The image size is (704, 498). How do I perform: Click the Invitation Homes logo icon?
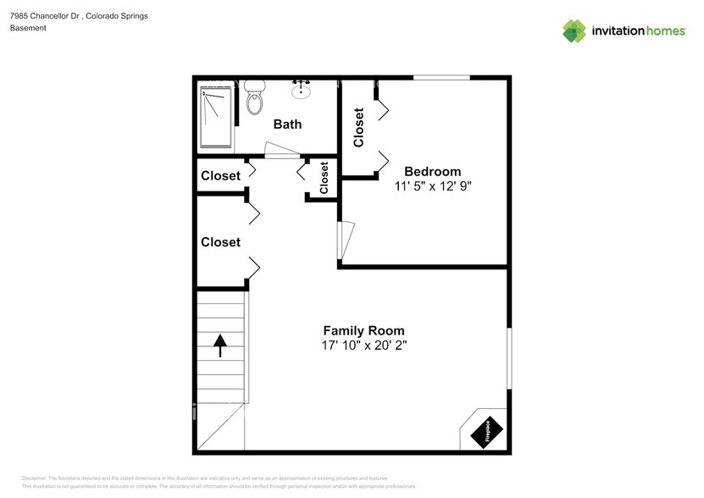pos(574,30)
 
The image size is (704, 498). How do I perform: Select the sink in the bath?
pos(301,88)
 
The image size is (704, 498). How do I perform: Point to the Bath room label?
pos(287,125)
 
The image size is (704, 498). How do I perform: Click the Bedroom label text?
pos(432,171)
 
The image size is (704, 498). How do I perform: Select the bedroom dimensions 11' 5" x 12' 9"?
pos(432,186)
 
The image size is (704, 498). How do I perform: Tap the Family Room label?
pos(363,330)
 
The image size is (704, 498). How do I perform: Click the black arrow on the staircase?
pos(220,345)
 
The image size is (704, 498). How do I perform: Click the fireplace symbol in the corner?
pos(488,431)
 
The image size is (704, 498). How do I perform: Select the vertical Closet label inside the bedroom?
pos(358,127)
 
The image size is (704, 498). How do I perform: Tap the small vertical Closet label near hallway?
pos(324,179)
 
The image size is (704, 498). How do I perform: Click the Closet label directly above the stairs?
pos(220,242)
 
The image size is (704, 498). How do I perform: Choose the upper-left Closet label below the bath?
pos(220,176)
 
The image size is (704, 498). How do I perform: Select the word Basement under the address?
pos(28,28)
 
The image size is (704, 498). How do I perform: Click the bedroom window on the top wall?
pos(441,78)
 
